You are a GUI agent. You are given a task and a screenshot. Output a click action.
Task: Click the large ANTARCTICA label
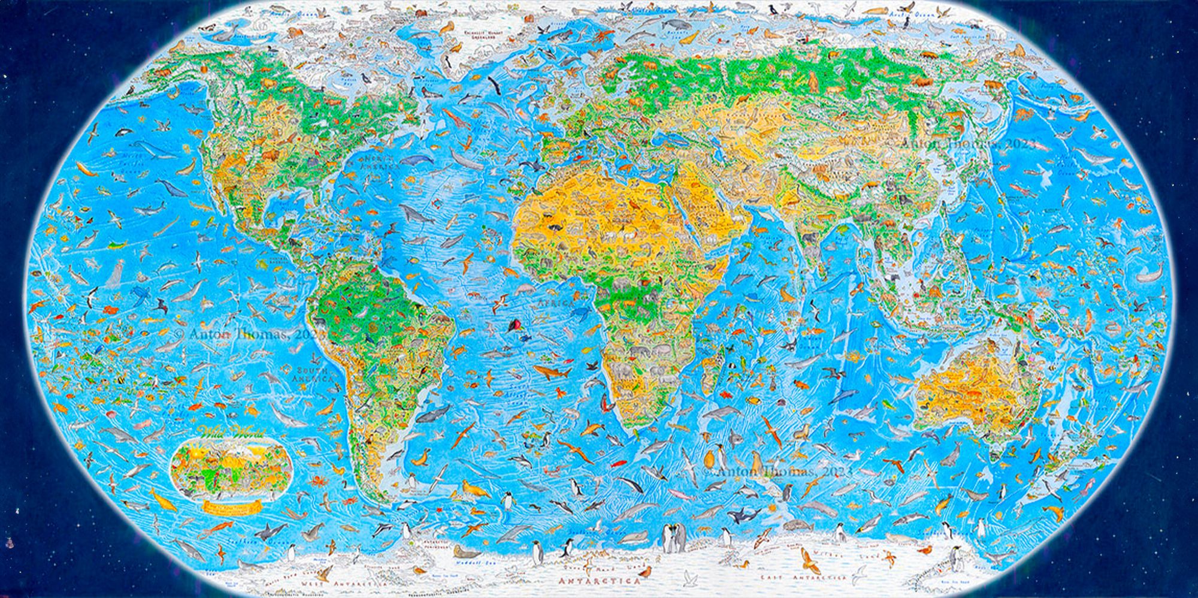coord(600,581)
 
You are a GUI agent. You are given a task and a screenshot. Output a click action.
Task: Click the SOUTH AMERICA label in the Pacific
coord(312,375)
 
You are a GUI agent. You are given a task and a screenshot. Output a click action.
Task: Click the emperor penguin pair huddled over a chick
coord(674,537)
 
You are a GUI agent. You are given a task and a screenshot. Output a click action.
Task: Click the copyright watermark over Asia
coord(968,144)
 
